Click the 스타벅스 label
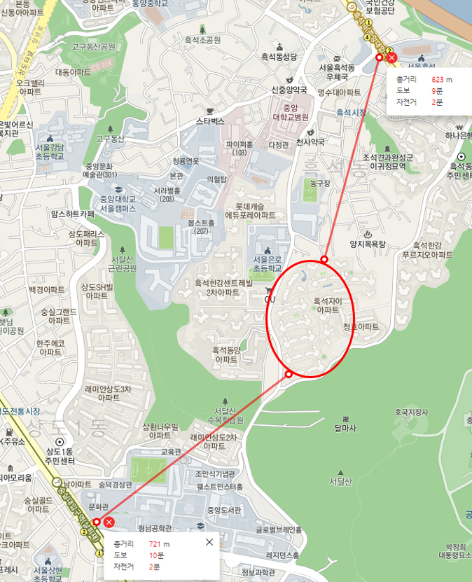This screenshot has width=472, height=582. (209, 121)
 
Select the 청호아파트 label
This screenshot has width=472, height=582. (361, 327)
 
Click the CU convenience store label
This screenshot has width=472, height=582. (269, 300)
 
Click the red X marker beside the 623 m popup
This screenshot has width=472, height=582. (391, 57)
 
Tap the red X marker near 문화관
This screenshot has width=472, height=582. (109, 522)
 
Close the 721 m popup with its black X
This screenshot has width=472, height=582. (209, 542)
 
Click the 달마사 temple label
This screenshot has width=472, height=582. (346, 427)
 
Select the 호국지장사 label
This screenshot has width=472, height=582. (411, 413)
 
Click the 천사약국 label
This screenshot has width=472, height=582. (310, 141)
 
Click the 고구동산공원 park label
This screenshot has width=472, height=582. (93, 47)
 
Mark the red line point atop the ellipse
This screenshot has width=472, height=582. (324, 260)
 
